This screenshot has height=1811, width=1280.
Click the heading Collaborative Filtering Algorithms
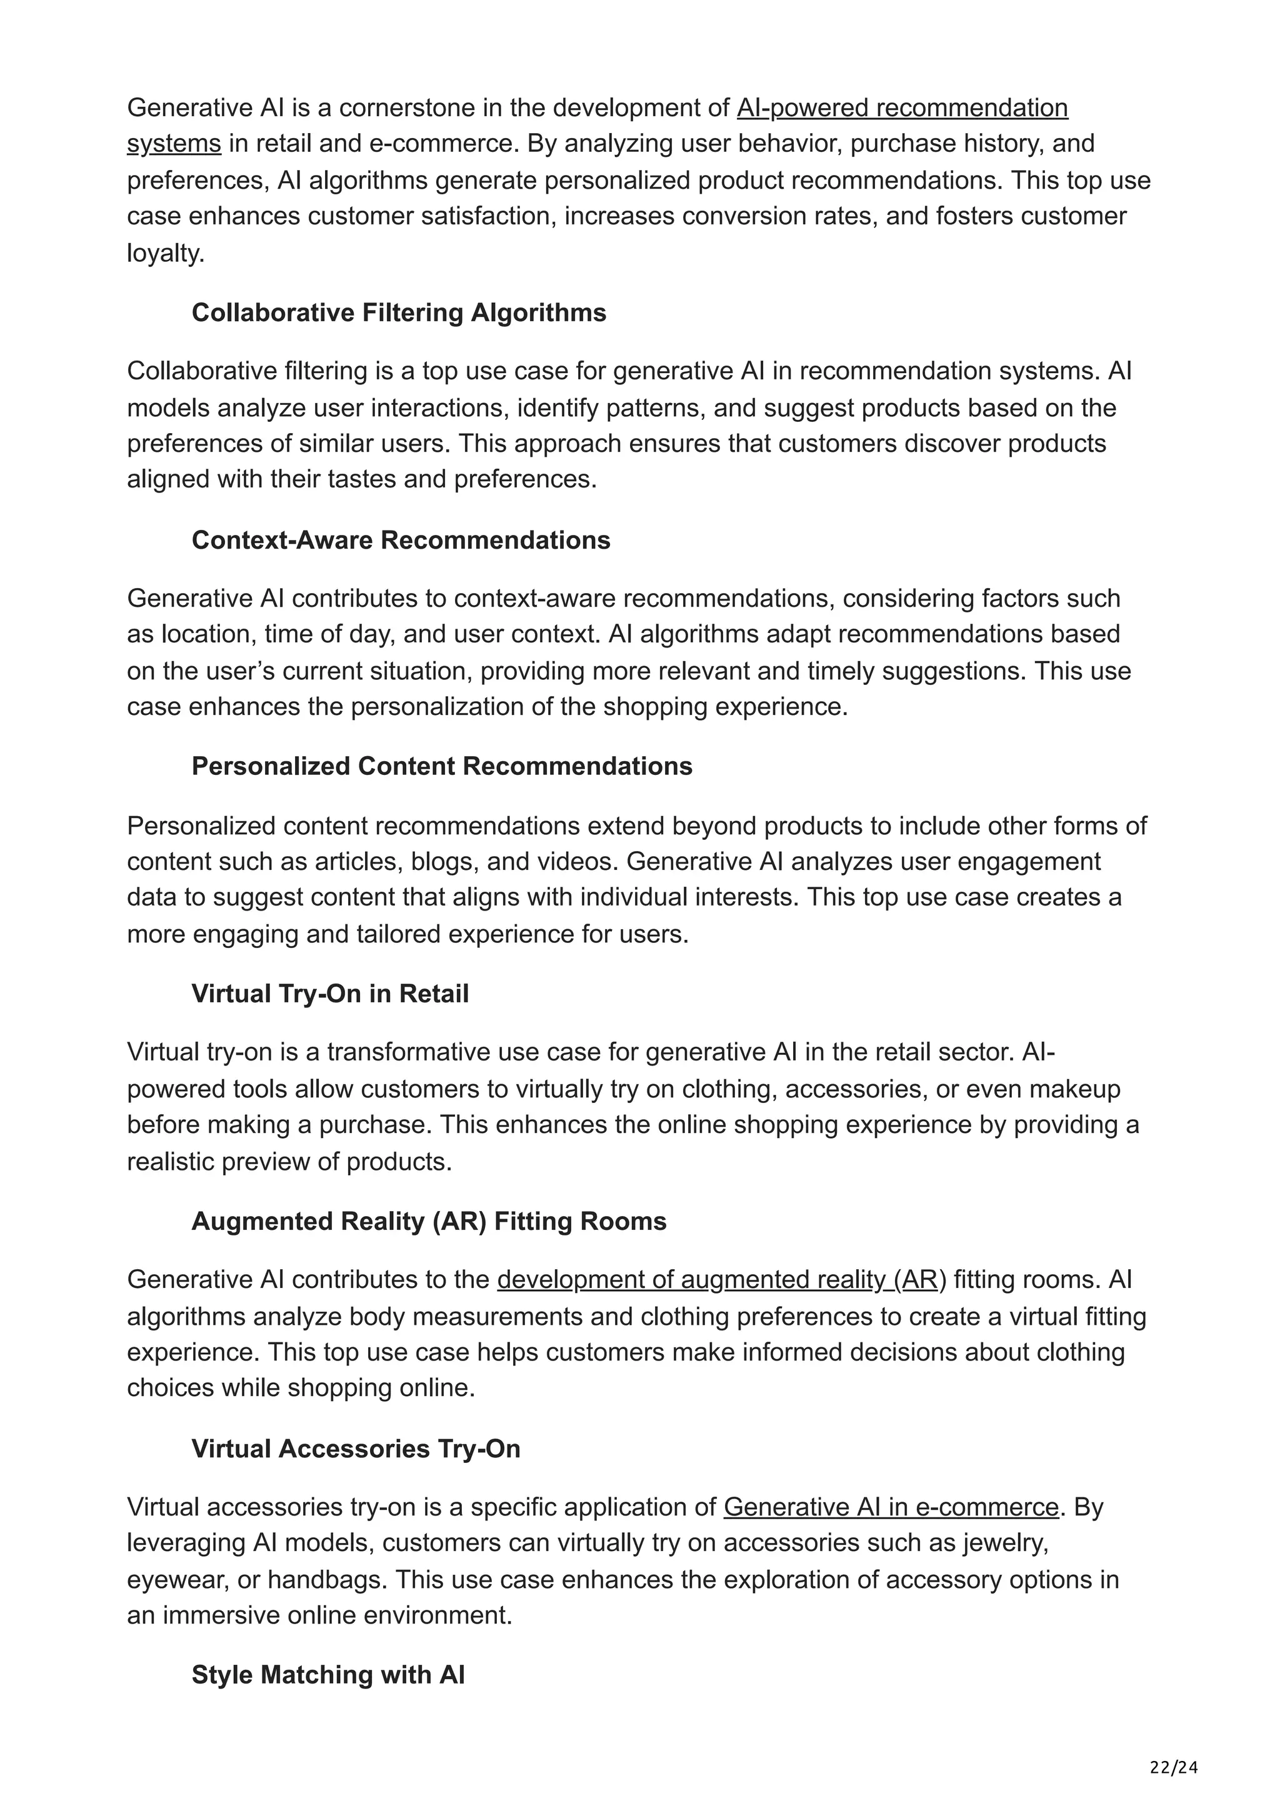[398, 313]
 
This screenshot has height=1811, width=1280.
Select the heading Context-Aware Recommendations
[401, 541]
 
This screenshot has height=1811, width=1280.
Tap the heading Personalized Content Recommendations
[442, 767]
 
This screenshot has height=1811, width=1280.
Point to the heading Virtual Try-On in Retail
[329, 994]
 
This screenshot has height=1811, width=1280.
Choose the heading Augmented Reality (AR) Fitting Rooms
[428, 1221]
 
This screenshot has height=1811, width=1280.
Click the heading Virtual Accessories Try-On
[356, 1449]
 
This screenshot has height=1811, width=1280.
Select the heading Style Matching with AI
[327, 1675]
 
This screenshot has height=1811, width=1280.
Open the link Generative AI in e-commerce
[891, 1507]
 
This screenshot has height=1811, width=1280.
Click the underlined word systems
[174, 144]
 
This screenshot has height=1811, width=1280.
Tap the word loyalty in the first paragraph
[165, 253]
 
